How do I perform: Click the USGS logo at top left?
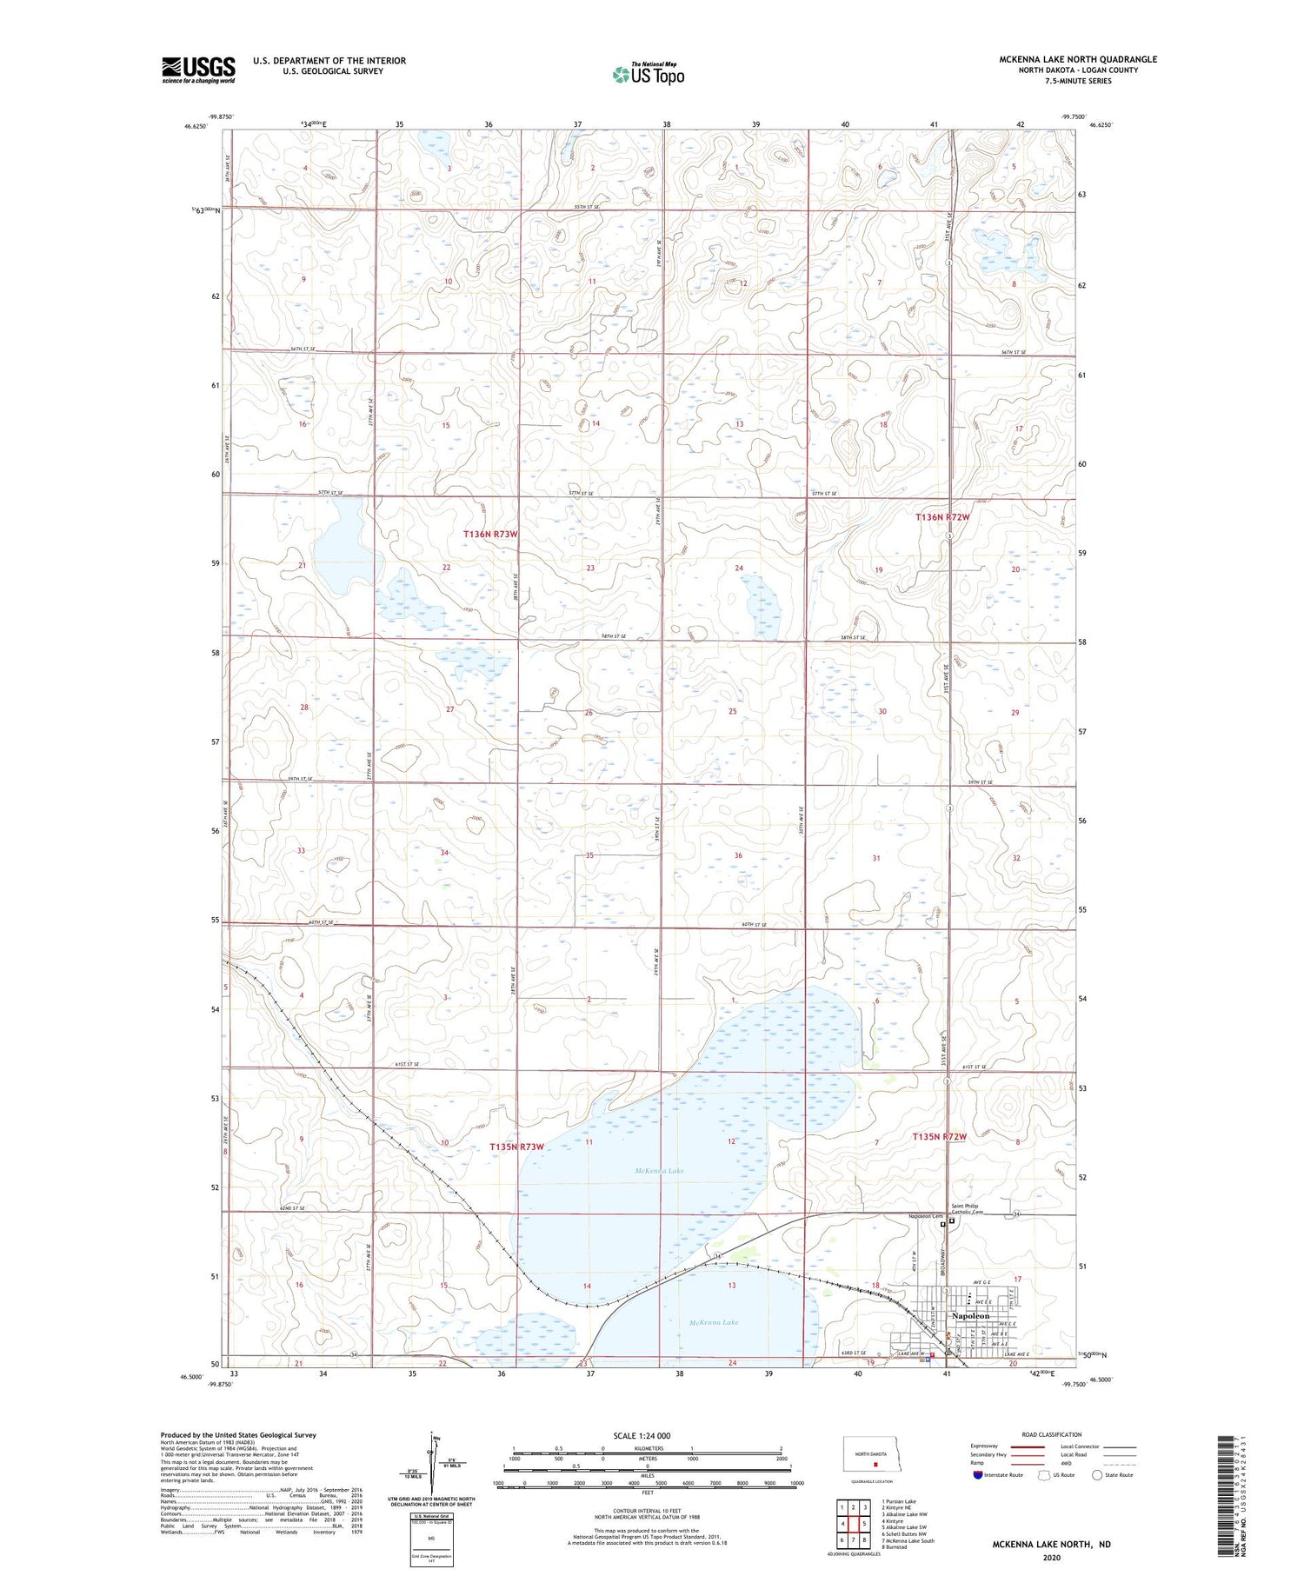coord(198,70)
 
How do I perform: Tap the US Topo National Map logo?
coord(648,74)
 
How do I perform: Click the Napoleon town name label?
coord(969,1316)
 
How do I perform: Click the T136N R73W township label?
coord(490,534)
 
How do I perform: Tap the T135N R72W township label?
coord(939,1136)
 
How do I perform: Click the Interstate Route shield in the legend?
coord(979,1474)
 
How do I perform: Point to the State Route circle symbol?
coord(1097,1474)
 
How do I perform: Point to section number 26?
coord(589,713)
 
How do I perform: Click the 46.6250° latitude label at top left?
coord(196,125)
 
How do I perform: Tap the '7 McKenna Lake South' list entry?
coord(908,1540)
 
